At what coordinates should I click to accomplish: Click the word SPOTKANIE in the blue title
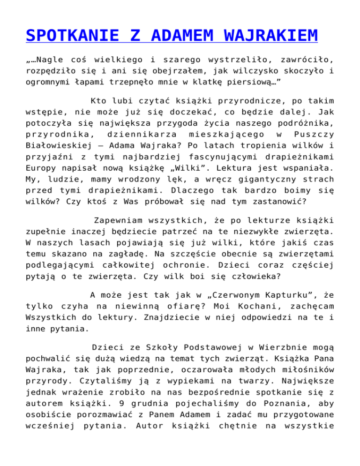[x=68, y=36]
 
